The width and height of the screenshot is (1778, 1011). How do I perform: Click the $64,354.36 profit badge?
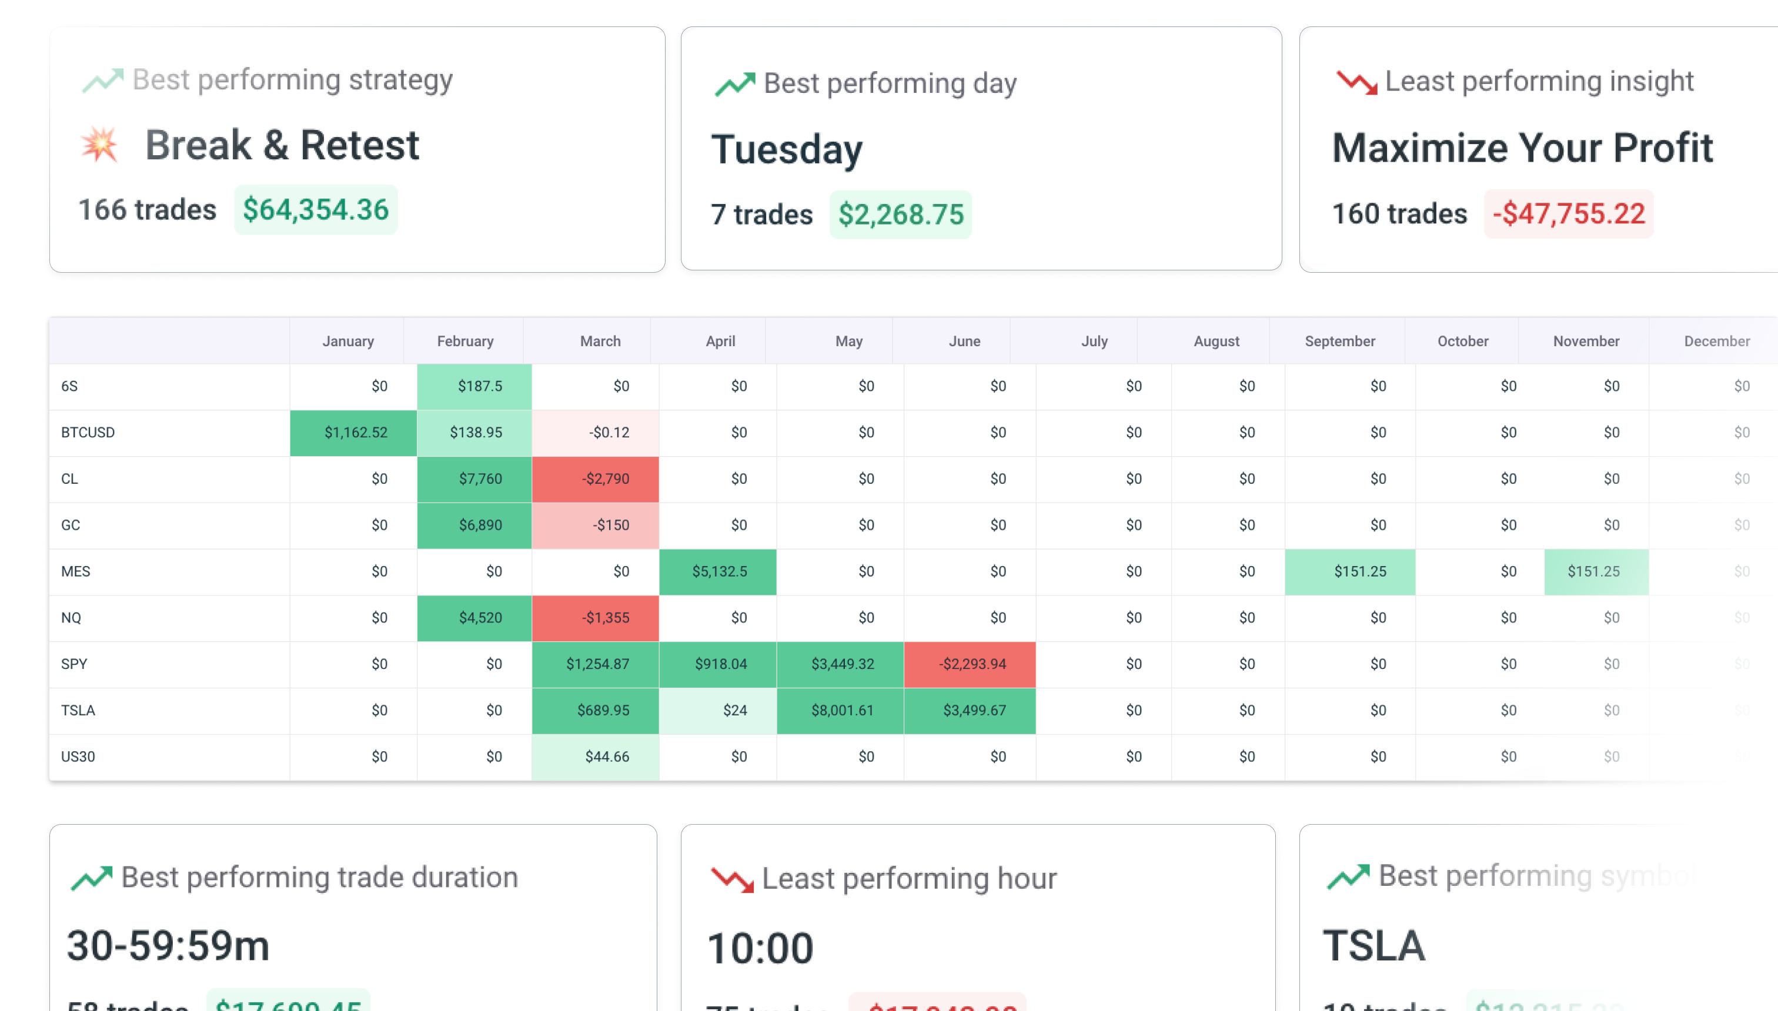pos(315,210)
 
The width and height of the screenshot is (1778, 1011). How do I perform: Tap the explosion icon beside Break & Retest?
pos(99,145)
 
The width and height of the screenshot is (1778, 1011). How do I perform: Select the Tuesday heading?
pos(786,149)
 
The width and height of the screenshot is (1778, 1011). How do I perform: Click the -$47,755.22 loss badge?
pos(1568,213)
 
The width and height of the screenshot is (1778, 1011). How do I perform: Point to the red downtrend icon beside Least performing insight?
pos(1356,82)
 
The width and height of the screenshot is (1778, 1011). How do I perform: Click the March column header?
pos(600,341)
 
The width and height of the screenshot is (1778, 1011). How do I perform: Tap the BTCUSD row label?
pos(88,432)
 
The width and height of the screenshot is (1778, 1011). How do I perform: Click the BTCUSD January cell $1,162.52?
pos(353,433)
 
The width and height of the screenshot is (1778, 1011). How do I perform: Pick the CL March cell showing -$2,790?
pos(595,479)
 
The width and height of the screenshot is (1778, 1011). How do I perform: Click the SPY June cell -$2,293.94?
pos(970,664)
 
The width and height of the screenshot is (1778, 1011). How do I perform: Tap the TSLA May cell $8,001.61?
pos(840,710)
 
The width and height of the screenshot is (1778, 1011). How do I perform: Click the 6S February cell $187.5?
pos(474,386)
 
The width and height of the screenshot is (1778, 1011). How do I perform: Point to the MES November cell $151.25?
pos(1595,571)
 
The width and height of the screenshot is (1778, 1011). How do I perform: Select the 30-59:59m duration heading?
pos(168,946)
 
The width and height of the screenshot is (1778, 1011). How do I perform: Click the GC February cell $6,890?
pos(474,525)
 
